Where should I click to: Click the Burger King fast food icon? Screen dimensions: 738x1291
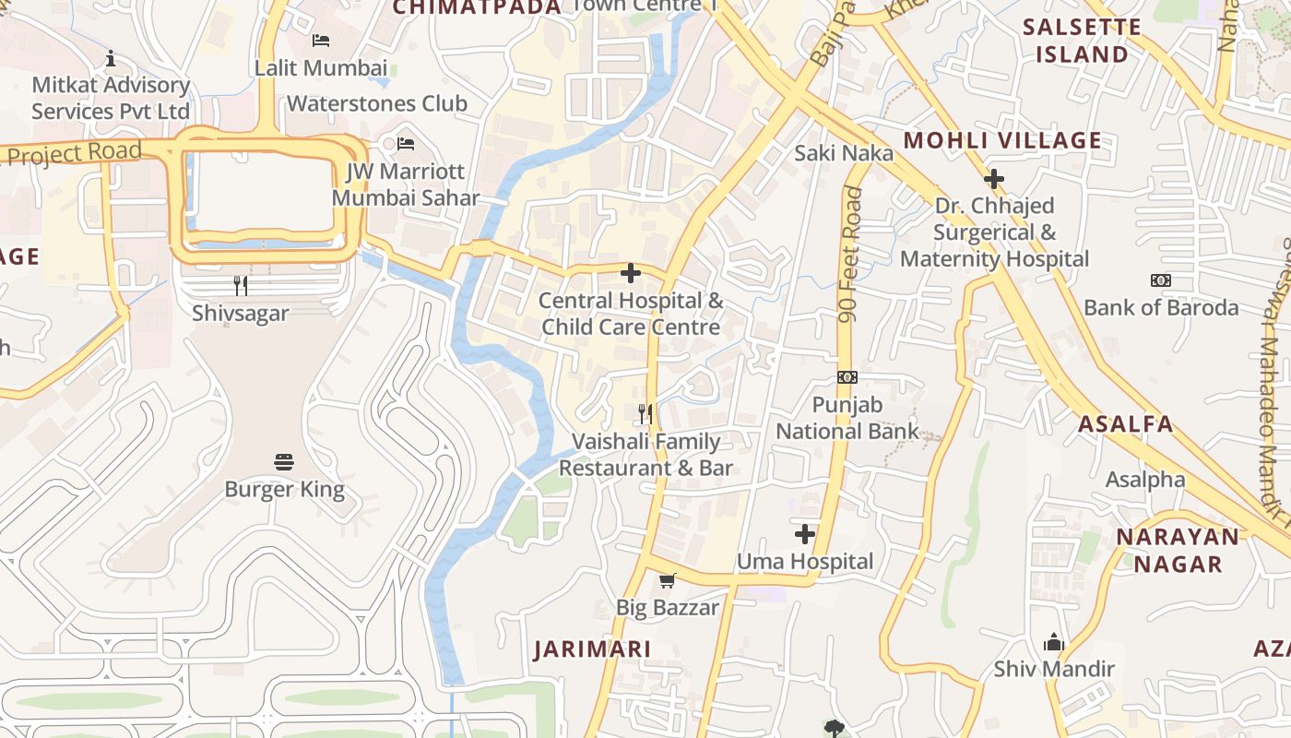(284, 461)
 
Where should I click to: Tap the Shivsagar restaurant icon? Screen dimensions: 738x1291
(241, 285)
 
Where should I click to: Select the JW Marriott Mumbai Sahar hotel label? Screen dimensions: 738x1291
(406, 184)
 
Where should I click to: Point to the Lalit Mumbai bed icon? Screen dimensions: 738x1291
(320, 40)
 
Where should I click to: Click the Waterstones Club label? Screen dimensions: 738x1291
(377, 103)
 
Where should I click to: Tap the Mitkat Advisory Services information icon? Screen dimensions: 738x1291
(111, 58)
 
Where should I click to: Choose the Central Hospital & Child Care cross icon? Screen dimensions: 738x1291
(631, 273)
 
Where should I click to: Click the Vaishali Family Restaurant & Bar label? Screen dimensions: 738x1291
(645, 455)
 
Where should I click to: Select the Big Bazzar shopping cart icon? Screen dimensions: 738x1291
(667, 580)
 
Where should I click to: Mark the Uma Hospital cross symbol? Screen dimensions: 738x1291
(805, 533)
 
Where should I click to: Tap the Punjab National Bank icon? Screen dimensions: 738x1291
(847, 376)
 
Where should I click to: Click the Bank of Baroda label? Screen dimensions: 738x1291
(1161, 307)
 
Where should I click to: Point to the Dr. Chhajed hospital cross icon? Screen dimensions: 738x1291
(994, 178)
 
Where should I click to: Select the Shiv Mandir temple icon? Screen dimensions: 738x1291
(1054, 642)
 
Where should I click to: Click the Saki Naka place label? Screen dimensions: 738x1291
(844, 152)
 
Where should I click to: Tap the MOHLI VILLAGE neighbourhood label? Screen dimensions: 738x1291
(1002, 140)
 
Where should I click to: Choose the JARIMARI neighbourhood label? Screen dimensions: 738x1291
(593, 649)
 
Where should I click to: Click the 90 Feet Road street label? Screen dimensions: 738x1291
(851, 255)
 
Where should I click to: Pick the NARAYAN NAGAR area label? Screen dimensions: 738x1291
(1178, 550)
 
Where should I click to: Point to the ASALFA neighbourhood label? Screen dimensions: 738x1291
(1126, 424)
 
